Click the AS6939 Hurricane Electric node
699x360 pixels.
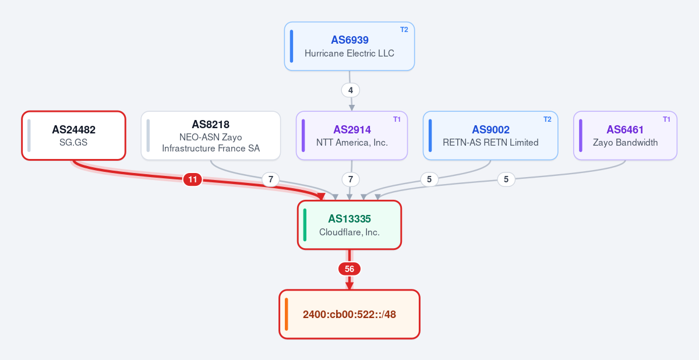[349, 46]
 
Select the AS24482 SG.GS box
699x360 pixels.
[73, 136]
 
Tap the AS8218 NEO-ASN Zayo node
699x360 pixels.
[211, 136]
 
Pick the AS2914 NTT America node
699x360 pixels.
[352, 136]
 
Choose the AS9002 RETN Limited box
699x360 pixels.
[490, 136]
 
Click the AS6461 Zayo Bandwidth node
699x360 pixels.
[625, 136]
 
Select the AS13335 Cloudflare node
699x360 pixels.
[349, 225]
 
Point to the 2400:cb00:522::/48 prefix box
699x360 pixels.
[349, 314]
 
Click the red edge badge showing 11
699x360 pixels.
[193, 179]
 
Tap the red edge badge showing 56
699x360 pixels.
[349, 269]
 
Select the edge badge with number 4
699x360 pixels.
[351, 90]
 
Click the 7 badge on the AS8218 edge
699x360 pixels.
[270, 179]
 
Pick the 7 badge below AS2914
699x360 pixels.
[351, 179]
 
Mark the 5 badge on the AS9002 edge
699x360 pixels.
[429, 179]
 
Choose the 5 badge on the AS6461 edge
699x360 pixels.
[506, 179]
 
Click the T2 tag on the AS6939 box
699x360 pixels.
[404, 30]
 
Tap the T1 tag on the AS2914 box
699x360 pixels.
[397, 119]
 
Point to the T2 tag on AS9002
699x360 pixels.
[548, 119]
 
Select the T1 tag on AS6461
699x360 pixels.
[666, 119]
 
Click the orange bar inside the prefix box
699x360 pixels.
[287, 314]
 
